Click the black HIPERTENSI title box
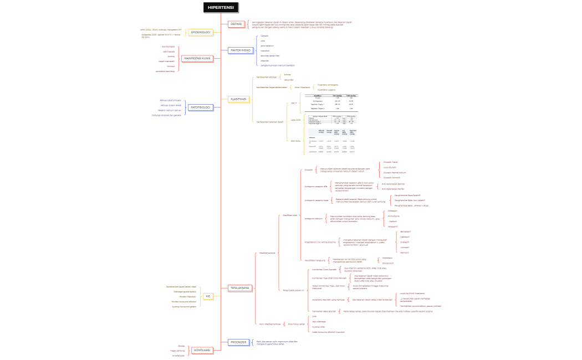(221, 7)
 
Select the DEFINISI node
(236, 24)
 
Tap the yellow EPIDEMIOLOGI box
(200, 32)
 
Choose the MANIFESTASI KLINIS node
(196, 58)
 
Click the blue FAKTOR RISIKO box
(240, 50)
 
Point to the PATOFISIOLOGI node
(200, 107)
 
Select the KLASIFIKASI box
(239, 99)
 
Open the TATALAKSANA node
(239, 288)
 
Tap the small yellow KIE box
(207, 296)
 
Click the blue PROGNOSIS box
(238, 342)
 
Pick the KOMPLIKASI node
(201, 351)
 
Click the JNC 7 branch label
(294, 104)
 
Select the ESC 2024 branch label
(295, 141)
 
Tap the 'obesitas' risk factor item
(264, 60)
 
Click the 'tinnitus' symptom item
(171, 66)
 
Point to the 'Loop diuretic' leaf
(390, 167)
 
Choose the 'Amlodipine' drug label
(393, 216)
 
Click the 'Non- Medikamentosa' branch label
(269, 323)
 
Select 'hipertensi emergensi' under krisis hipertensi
(327, 85)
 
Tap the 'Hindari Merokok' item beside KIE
(188, 296)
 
